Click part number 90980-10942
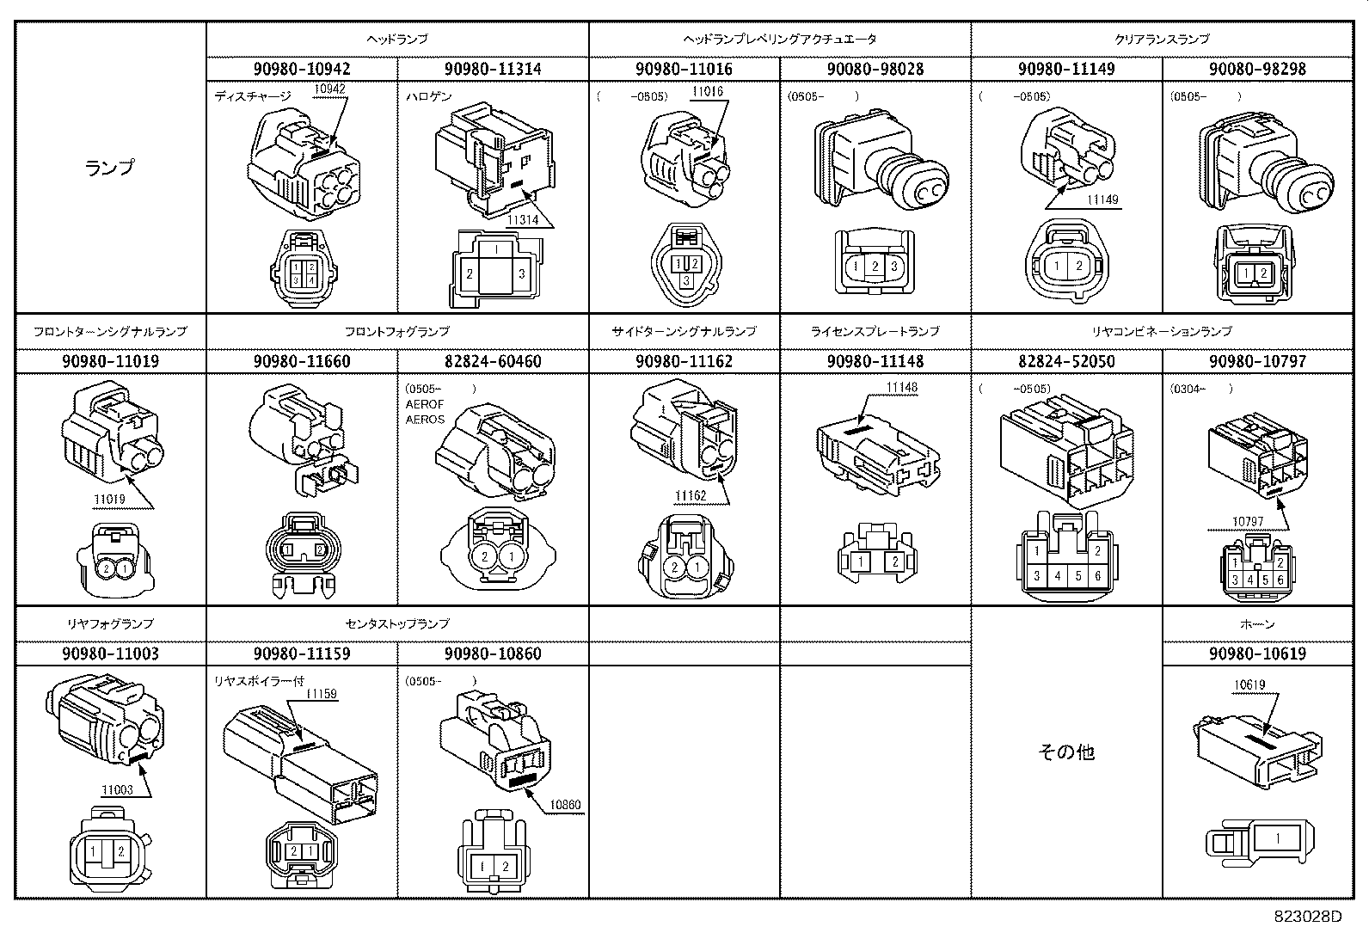[x=302, y=69]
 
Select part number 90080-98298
[x=1257, y=69]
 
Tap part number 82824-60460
[x=493, y=361]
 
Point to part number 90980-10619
[x=1257, y=654]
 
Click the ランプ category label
[x=110, y=168]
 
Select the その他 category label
[x=1066, y=752]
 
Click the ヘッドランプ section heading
[x=397, y=39]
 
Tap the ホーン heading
[x=1257, y=623]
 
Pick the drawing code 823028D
[x=1307, y=917]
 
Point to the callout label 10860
[x=565, y=806]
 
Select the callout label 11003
[x=117, y=789]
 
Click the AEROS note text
[x=426, y=420]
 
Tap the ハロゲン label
[x=428, y=96]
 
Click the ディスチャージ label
[x=253, y=96]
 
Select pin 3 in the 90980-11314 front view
[x=521, y=275]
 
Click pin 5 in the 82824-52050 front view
[x=1077, y=576]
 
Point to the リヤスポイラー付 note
[x=258, y=681]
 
